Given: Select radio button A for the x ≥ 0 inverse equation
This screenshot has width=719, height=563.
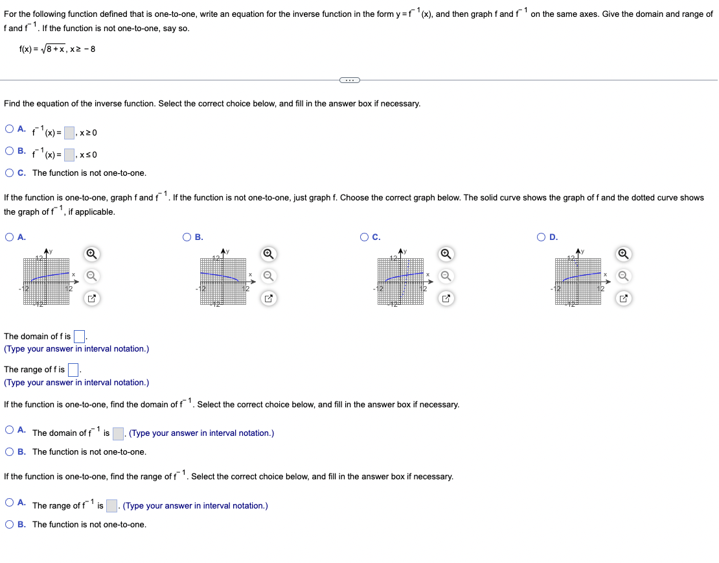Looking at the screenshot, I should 10,129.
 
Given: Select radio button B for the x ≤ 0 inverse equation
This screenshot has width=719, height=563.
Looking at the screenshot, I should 10,151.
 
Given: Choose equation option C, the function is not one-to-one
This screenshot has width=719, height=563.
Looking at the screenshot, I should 10,173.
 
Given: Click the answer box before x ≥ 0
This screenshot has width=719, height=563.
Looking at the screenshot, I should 69,133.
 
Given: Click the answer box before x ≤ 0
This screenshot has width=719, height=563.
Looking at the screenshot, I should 69,155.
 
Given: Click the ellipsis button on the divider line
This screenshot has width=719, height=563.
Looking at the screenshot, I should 348,80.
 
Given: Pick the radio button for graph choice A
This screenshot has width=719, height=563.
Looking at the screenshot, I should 10,237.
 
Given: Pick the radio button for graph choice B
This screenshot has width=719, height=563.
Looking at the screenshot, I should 187,237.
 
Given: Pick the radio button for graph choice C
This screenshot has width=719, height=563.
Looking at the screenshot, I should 365,237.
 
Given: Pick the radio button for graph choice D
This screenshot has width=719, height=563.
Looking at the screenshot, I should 542,237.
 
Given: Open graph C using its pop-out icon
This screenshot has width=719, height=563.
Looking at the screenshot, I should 446,299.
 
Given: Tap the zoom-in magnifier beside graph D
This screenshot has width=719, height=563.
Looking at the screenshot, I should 623,254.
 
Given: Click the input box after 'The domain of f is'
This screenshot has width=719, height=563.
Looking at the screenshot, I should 79,336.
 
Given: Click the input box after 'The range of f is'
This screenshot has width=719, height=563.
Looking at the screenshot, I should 73,370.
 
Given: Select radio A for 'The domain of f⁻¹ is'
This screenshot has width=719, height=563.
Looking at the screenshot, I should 10,430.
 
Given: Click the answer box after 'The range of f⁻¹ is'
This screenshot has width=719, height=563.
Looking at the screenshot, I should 111,505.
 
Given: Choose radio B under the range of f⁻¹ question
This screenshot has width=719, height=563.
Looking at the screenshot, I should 10,524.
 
